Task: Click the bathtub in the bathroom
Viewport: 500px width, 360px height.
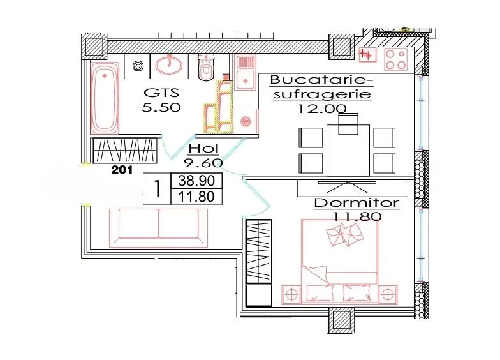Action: tap(105, 98)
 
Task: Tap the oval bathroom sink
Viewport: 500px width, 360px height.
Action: tap(169, 65)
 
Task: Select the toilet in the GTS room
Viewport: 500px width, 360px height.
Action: tap(206, 67)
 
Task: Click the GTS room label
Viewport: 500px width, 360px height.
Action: tap(161, 93)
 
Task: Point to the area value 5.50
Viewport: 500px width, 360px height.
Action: tap(161, 107)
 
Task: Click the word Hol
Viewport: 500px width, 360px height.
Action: tap(203, 148)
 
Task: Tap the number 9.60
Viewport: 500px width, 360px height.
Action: tap(203, 163)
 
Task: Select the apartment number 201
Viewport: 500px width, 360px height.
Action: tap(122, 170)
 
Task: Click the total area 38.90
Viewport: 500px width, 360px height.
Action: tap(196, 181)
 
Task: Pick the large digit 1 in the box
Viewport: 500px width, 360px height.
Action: tap(157, 189)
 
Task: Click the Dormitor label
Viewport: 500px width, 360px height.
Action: tap(357, 203)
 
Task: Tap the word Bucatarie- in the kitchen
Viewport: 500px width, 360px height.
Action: tap(321, 80)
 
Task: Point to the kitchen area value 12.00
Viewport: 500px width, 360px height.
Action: tap(321, 109)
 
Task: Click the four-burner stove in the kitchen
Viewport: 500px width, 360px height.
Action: tap(395, 59)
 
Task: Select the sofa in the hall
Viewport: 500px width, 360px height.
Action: tap(158, 228)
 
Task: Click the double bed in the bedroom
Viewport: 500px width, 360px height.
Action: tap(339, 262)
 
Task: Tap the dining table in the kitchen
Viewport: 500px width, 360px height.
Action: tap(348, 150)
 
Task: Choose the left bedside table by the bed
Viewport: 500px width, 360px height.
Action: tap(291, 295)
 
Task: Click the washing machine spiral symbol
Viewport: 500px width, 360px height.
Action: tap(138, 66)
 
